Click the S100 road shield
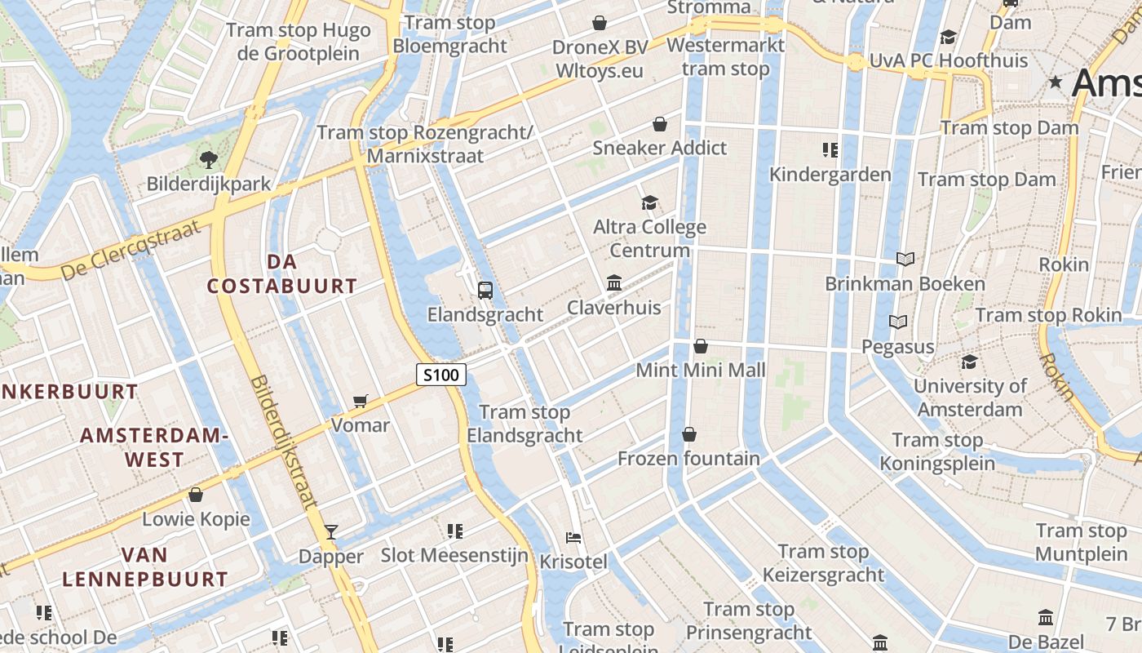(x=441, y=375)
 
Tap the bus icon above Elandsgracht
(x=485, y=290)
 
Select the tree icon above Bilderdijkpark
(x=208, y=159)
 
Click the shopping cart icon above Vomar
(x=360, y=401)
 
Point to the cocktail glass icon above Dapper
(x=330, y=532)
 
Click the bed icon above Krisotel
(x=573, y=538)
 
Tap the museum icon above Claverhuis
(x=614, y=283)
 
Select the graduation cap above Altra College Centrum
(x=649, y=202)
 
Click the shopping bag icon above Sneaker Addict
(x=659, y=124)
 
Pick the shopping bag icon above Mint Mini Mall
(x=700, y=346)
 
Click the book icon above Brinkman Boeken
(x=905, y=259)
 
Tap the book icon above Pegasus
(x=897, y=322)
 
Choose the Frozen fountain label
(x=688, y=459)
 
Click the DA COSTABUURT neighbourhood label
(x=281, y=274)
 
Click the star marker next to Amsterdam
(x=1056, y=82)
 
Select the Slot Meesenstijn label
(x=454, y=556)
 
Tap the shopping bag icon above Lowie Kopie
(x=195, y=495)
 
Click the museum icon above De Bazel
(x=1046, y=617)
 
